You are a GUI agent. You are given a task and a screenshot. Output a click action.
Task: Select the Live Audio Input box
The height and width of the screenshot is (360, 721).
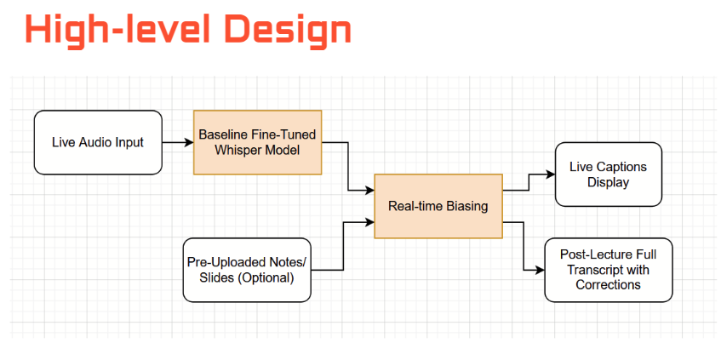pos(98,142)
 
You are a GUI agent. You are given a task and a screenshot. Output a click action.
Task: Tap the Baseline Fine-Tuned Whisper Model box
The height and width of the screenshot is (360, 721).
pos(257,142)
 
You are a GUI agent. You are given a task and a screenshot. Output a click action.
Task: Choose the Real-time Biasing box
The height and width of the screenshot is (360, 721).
pos(438,207)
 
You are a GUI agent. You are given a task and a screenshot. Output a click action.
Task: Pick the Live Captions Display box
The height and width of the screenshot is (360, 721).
pos(608,174)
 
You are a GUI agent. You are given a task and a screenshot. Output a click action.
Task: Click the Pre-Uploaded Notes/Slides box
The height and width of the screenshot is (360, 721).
pos(247,270)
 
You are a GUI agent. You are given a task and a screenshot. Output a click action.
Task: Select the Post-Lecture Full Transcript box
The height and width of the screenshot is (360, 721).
pos(608,270)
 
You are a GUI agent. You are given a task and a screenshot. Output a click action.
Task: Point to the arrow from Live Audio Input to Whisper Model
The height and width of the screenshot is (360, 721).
pos(177,142)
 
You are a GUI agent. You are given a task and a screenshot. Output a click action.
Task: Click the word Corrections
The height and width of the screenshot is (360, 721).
pos(608,285)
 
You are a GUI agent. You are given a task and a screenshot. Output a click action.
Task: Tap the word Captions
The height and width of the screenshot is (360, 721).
pos(623,167)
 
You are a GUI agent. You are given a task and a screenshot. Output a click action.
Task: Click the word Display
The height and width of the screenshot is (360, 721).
pos(608,182)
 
